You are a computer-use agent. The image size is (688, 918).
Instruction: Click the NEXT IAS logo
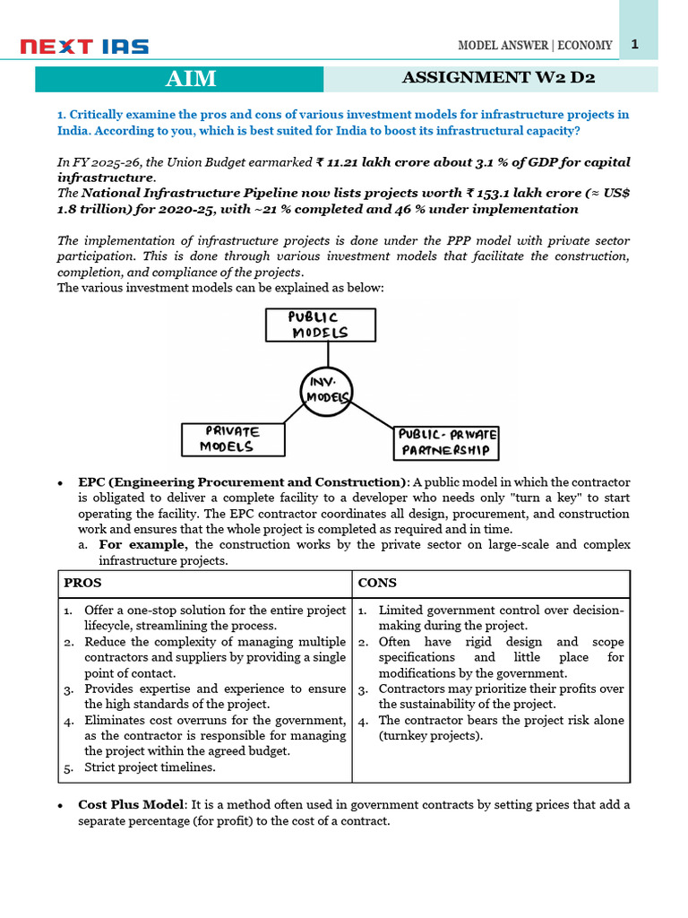click(x=85, y=47)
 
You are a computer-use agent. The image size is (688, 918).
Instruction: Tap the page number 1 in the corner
click(x=634, y=44)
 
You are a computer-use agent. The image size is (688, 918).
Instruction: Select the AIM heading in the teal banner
click(x=191, y=79)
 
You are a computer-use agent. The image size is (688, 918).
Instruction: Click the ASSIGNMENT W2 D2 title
click(x=499, y=78)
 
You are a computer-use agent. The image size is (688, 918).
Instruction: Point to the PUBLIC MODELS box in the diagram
click(x=318, y=325)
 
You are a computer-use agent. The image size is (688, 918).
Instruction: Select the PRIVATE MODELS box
click(x=232, y=438)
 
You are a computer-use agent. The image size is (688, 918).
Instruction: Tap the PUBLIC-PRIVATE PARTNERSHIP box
click(x=446, y=442)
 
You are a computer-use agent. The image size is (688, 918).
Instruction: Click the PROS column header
click(x=82, y=583)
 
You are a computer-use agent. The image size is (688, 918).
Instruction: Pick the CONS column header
click(x=377, y=583)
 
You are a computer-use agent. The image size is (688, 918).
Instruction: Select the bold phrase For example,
click(x=143, y=545)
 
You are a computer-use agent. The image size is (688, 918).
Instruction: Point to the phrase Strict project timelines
click(x=150, y=767)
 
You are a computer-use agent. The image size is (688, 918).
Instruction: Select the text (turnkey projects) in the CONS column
click(x=430, y=736)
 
